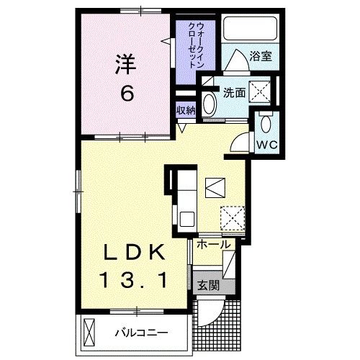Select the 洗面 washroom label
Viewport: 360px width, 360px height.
click(235, 93)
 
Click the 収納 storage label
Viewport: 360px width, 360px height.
click(186, 110)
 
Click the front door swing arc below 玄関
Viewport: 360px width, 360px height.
click(209, 310)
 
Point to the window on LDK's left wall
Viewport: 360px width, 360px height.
click(78, 189)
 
